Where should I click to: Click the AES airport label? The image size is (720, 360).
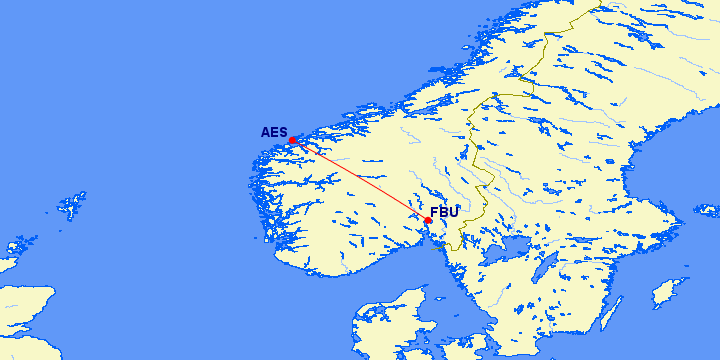coord(273,132)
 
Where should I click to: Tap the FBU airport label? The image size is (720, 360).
coord(444,212)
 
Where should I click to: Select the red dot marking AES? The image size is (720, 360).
coord(292,140)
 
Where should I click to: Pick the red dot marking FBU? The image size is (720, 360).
coord(428,220)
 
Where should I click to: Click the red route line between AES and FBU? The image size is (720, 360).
coord(360,180)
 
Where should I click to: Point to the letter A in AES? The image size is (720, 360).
coord(265,132)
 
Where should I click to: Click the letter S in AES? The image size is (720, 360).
coord(282,132)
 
